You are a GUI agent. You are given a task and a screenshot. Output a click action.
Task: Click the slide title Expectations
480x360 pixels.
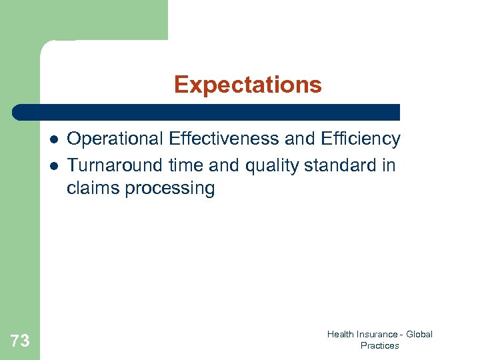pos(247,85)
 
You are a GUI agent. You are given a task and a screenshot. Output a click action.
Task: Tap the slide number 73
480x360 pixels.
pos(20,341)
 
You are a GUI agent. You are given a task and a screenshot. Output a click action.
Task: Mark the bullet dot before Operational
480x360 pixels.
pos(53,140)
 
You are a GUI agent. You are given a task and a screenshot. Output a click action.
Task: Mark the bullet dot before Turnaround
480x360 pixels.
pos(53,165)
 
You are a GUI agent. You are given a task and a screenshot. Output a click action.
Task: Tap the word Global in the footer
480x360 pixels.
pos(419,335)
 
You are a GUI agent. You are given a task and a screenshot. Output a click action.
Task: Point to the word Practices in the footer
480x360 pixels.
pos(379,346)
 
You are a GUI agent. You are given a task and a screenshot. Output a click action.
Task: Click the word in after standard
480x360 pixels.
pos(389,165)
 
